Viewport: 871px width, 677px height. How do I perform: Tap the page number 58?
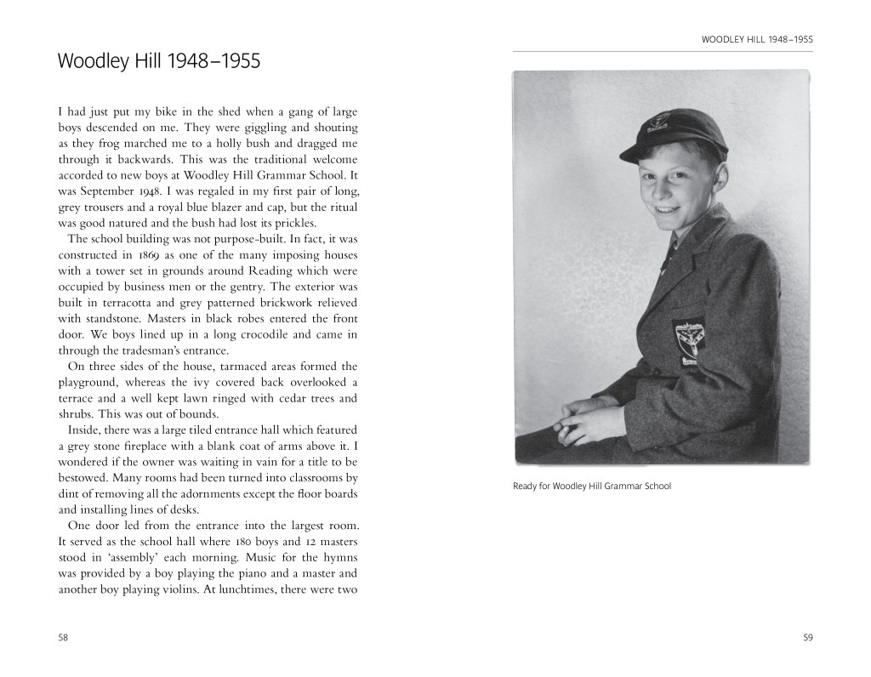tap(63, 638)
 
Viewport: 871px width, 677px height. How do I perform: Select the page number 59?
tap(807, 638)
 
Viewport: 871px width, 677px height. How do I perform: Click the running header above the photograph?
tap(757, 39)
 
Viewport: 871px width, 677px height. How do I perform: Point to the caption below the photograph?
tap(592, 486)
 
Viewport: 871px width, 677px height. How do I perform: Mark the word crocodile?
tap(259, 335)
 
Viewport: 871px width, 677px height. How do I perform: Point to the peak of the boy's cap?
tap(638, 153)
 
